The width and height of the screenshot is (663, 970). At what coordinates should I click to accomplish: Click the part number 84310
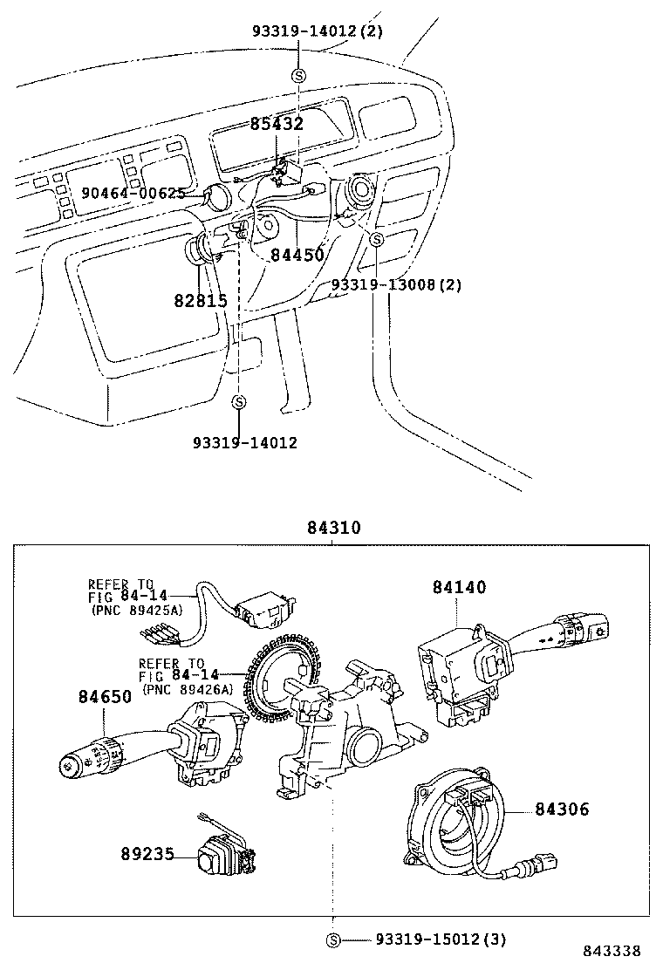coord(333,529)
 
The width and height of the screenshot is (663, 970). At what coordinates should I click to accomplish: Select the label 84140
coord(459,588)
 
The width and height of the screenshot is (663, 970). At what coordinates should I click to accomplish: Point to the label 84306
coord(562,809)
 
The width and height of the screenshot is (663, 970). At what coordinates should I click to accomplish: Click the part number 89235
coord(147,856)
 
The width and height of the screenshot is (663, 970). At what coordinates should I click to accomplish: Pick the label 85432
coord(277,124)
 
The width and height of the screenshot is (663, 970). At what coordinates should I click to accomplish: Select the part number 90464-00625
coord(133,193)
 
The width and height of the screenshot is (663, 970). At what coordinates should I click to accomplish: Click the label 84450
coord(297,255)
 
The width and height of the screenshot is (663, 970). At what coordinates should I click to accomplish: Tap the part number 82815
coord(200,301)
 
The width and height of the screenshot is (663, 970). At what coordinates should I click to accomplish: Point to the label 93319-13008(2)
coord(396,285)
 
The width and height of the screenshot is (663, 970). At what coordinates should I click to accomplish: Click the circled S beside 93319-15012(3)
coord(333,939)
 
